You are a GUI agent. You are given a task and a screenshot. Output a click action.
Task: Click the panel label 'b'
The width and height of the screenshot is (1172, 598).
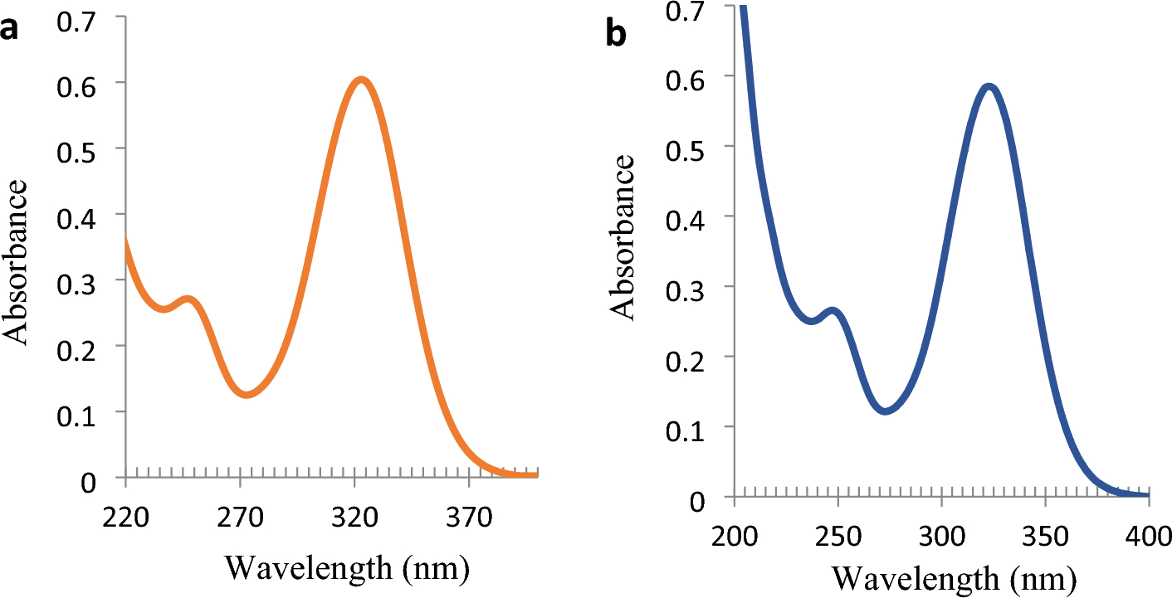[x=618, y=35]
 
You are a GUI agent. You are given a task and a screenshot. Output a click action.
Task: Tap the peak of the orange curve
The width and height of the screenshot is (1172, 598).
[x=361, y=80]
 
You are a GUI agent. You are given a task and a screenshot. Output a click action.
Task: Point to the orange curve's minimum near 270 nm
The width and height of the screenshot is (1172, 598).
[x=247, y=394]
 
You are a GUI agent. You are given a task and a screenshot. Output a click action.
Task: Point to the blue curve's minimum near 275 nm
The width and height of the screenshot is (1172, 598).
[x=886, y=410]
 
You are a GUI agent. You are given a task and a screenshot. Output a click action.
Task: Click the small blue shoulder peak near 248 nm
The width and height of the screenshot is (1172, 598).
[x=833, y=312]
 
